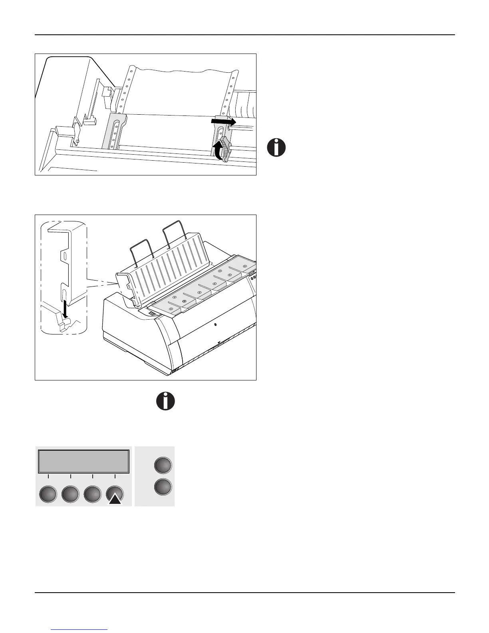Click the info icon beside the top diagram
tap(276, 147)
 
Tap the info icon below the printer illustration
tap(165, 401)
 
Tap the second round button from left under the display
tap(70, 494)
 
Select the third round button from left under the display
tap(92, 494)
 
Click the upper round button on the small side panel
tap(163, 466)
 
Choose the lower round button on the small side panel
tap(163, 487)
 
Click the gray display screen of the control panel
tap(83, 462)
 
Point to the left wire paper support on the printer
tap(143, 250)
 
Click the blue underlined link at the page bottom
tap(80, 629)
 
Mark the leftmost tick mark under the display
tap(48, 477)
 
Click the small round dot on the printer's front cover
tap(215, 324)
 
